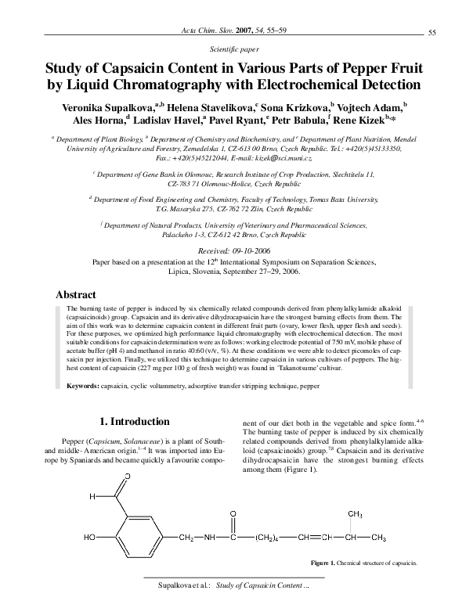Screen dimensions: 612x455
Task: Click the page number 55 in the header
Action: click(433, 31)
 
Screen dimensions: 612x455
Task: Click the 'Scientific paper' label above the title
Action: click(227, 49)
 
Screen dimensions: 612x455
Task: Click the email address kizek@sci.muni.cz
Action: click(265, 157)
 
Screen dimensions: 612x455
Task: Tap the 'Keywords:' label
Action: click(82, 387)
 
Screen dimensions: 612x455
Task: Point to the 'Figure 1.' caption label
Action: click(322, 563)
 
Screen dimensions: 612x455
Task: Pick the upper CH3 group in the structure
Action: click(353, 514)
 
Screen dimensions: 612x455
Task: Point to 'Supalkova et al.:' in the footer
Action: click(182, 585)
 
